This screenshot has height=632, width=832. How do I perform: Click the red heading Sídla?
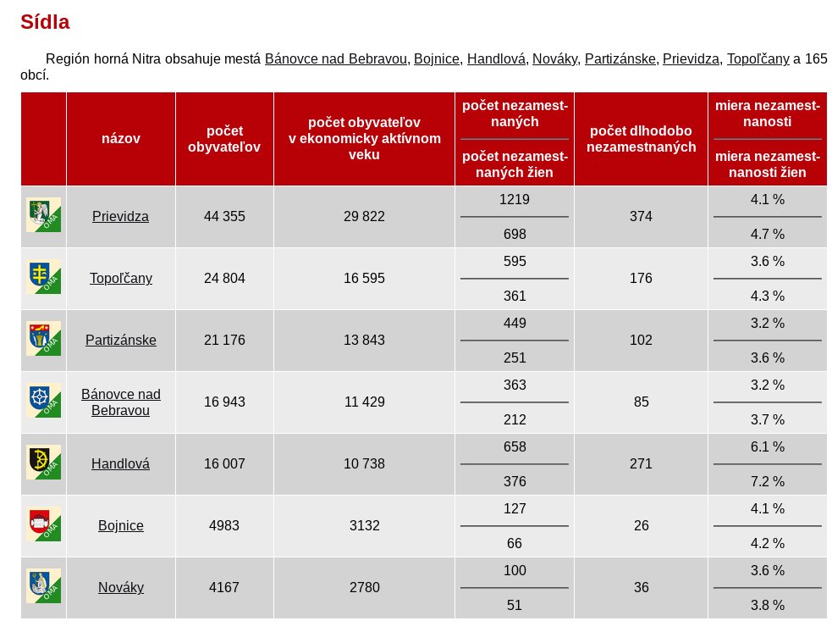pyautogui.click(x=45, y=22)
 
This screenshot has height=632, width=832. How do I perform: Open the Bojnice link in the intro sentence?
pyautogui.click(x=437, y=58)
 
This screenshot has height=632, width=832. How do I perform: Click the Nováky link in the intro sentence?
pyautogui.click(x=554, y=58)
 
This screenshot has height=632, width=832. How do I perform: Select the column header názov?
pyautogui.click(x=121, y=139)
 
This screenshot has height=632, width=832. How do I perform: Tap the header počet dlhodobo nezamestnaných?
pyautogui.click(x=641, y=139)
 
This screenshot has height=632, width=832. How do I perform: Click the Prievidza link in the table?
pyautogui.click(x=120, y=216)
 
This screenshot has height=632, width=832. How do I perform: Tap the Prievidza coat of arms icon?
pyautogui.click(x=43, y=214)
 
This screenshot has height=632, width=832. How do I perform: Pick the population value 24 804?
pyautogui.click(x=224, y=278)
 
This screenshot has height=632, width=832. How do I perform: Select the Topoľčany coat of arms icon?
pyautogui.click(x=43, y=276)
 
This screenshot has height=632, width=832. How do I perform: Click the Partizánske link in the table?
pyautogui.click(x=121, y=340)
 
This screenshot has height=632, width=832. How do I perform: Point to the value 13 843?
pyautogui.click(x=364, y=340)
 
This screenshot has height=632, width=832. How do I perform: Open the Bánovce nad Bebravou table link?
pyautogui.click(x=120, y=402)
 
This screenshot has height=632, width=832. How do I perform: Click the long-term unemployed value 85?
pyautogui.click(x=641, y=402)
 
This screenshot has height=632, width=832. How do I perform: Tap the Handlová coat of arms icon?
pyautogui.click(x=43, y=462)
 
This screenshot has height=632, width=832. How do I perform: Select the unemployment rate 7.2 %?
pyautogui.click(x=768, y=481)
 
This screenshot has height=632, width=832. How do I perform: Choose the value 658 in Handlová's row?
pyautogui.click(x=515, y=446)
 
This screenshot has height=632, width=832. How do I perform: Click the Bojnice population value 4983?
pyautogui.click(x=224, y=525)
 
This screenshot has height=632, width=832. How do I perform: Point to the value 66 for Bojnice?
pyautogui.click(x=514, y=543)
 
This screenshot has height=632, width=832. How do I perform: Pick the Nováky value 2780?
pyautogui.click(x=365, y=587)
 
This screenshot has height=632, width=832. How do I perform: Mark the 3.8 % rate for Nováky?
pyautogui.click(x=768, y=605)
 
